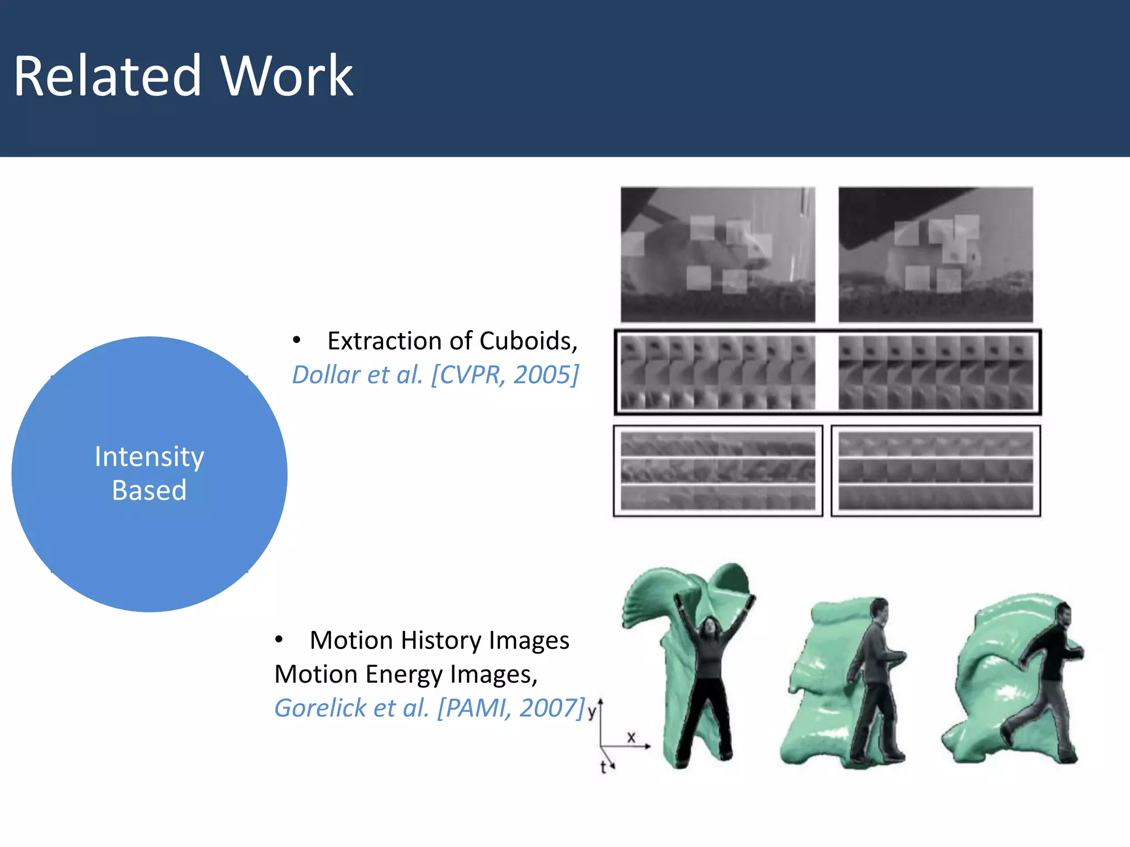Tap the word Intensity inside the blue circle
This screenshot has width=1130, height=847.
pos(149,457)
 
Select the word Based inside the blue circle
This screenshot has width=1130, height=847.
pos(149,490)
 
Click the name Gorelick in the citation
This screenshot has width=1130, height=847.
pos(321,708)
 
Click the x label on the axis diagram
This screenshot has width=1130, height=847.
pos(631,737)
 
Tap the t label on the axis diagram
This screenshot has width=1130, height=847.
pos(603,767)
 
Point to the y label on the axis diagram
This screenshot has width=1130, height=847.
pos(591,711)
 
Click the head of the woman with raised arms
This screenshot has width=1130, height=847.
pos(708,628)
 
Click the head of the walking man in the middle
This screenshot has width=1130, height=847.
pos(880,610)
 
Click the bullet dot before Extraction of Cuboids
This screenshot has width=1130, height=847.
pos(297,341)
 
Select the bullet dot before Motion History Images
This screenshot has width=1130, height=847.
pos(279,640)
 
